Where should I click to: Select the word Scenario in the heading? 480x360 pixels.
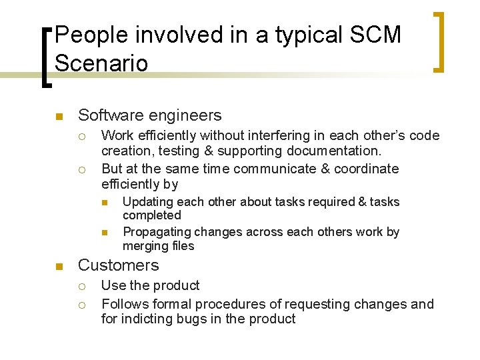101,63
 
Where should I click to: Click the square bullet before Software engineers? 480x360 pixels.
59,117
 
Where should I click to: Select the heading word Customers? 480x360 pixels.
119,265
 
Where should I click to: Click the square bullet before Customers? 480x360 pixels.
59,267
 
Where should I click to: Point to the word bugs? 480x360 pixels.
195,319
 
